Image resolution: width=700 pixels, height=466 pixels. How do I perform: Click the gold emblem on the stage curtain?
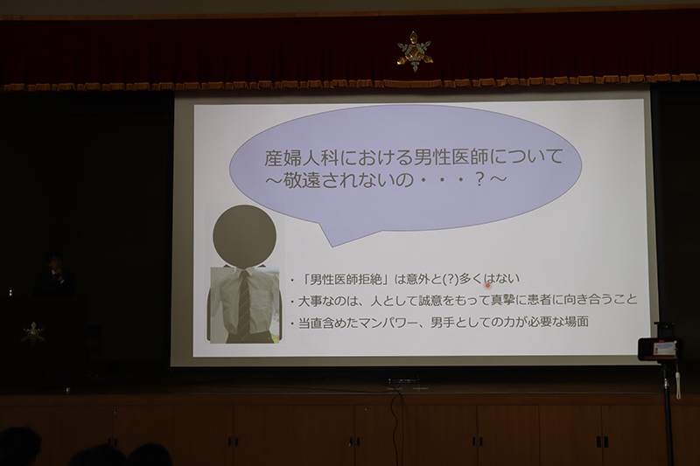pyautogui.click(x=415, y=51)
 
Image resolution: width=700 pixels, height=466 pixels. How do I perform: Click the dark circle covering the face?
pyautogui.click(x=245, y=236)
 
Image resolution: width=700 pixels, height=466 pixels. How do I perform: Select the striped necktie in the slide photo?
pyautogui.click(x=244, y=303)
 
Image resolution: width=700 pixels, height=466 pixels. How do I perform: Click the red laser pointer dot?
pyautogui.click(x=487, y=285)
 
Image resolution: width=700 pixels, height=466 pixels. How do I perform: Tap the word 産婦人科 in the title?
pyautogui.click(x=304, y=158)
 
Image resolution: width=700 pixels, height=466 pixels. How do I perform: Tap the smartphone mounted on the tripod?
pyautogui.click(x=657, y=348)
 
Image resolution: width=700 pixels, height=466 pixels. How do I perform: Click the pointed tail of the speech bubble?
pyautogui.click(x=332, y=246)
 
